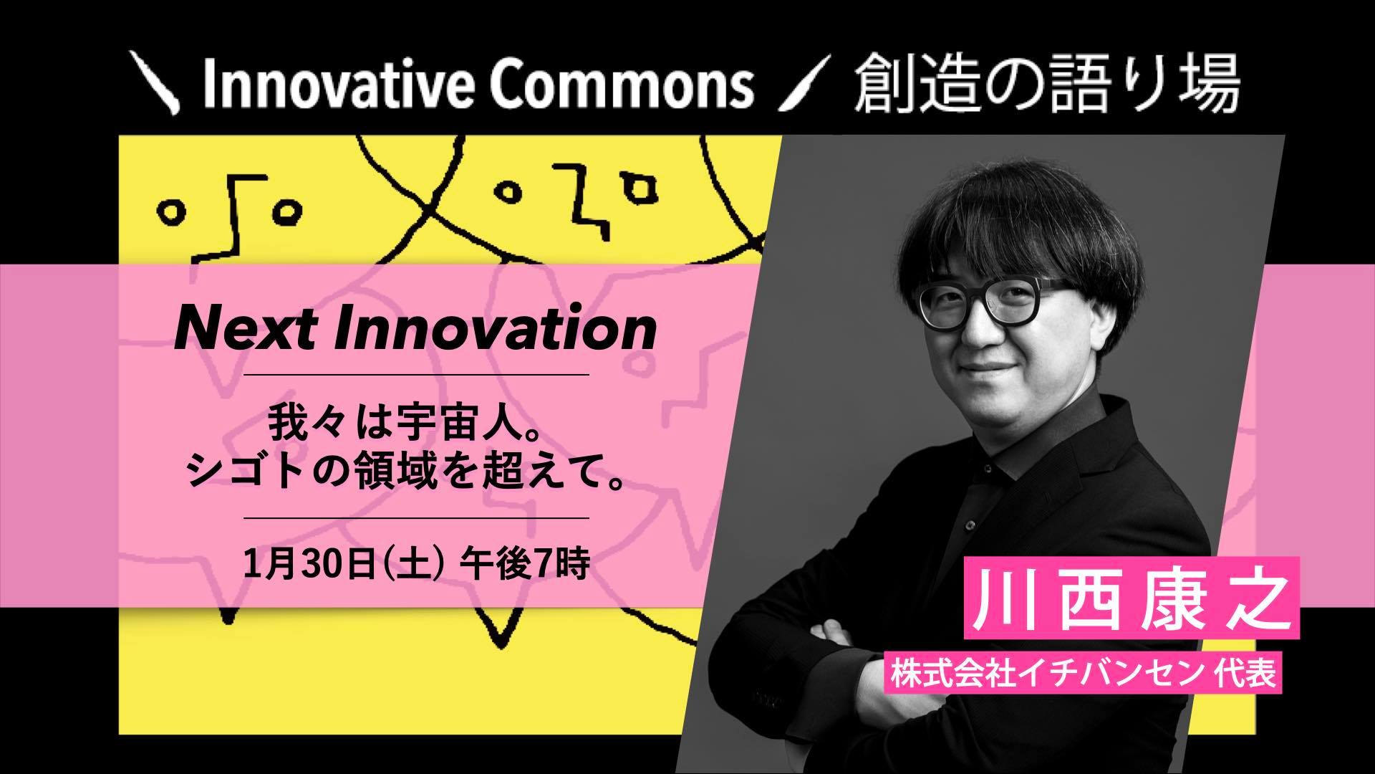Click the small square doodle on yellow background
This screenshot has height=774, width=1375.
pyautogui.click(x=640, y=187)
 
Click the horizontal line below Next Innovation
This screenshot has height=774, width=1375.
pyautogui.click(x=416, y=375)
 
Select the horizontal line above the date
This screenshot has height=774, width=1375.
pyautogui.click(x=416, y=517)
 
